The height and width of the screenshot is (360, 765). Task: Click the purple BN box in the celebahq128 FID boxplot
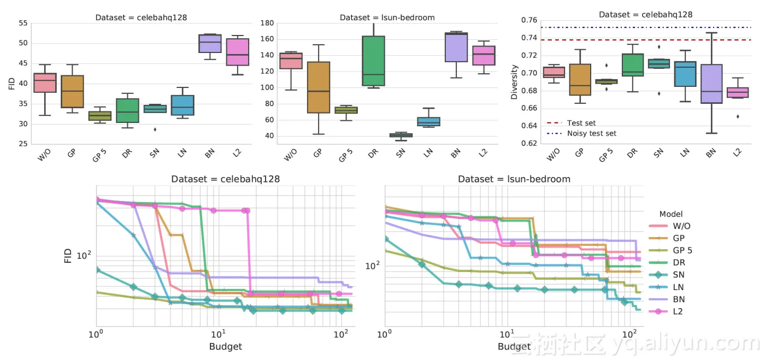[210, 43]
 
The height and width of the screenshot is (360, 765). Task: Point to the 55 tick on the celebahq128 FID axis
[22, 23]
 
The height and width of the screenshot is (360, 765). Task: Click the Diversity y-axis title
[514, 82]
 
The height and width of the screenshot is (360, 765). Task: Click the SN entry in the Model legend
[678, 275]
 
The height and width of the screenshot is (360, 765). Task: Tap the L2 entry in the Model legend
[678, 311]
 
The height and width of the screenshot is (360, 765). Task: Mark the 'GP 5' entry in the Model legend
[682, 250]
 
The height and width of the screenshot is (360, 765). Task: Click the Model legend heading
[671, 214]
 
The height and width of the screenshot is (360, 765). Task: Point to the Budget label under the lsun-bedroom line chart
[514, 346]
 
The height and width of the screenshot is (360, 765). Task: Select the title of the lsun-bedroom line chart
[514, 179]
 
